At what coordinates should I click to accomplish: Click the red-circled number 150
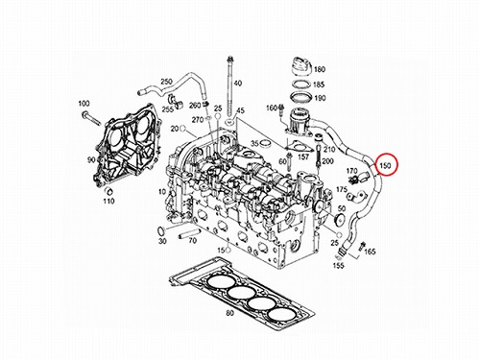pyautogui.click(x=385, y=166)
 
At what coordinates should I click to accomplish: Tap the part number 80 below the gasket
pyautogui.click(x=229, y=313)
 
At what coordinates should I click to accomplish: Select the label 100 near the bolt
pyautogui.click(x=84, y=104)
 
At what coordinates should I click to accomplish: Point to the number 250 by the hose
pyautogui.click(x=166, y=82)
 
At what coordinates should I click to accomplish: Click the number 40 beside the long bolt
pyautogui.click(x=238, y=84)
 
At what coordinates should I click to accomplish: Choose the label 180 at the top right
pyautogui.click(x=320, y=69)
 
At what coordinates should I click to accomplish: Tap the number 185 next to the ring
pyautogui.click(x=319, y=84)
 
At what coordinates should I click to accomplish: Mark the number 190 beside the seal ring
pyautogui.click(x=320, y=98)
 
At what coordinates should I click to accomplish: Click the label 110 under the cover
pyautogui.click(x=108, y=201)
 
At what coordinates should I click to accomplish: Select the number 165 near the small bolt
pyautogui.click(x=370, y=252)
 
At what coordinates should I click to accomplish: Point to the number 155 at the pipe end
pyautogui.click(x=338, y=265)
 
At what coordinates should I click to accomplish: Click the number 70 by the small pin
pyautogui.click(x=192, y=240)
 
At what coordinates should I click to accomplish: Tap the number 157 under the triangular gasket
pyautogui.click(x=303, y=156)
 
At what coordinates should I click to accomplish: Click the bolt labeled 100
pyautogui.click(x=91, y=119)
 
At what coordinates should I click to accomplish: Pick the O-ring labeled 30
pyautogui.click(x=161, y=230)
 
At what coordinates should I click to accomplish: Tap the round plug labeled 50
pyautogui.click(x=338, y=219)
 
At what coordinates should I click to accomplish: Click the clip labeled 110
pyautogui.click(x=109, y=191)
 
